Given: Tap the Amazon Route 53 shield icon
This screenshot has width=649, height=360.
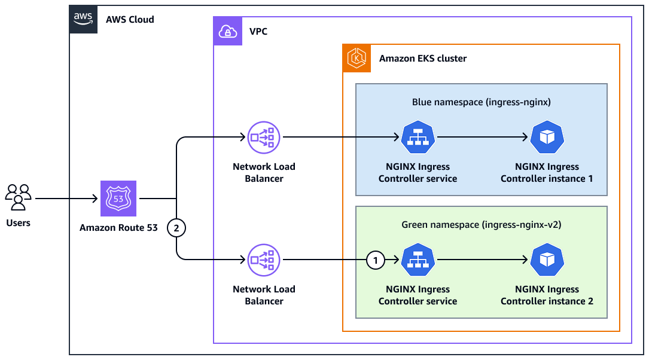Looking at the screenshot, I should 118,199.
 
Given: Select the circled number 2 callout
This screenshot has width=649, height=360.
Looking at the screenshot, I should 176,228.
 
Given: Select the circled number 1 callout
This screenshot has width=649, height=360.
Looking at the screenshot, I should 375,260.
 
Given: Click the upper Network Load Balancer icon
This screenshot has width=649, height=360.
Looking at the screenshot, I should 264,138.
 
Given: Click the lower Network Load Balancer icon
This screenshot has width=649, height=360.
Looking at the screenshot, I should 264,260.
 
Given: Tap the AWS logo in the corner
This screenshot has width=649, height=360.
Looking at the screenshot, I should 83,19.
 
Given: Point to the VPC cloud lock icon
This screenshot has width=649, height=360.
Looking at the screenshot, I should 228,31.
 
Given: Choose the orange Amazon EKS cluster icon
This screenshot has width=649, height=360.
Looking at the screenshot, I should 357,59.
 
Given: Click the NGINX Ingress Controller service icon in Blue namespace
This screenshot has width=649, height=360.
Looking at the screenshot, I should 418,138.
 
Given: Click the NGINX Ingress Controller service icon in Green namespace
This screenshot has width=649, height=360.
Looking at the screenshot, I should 418,260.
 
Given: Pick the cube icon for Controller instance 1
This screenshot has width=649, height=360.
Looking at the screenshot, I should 547,138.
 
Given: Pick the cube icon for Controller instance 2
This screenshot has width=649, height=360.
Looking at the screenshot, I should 547,260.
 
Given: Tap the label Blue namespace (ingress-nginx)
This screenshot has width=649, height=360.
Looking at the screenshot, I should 481,102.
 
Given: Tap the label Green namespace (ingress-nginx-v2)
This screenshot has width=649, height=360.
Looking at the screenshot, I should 481,225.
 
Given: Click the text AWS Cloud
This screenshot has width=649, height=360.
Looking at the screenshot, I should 130,19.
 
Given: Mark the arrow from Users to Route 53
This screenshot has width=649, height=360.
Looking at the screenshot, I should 66,199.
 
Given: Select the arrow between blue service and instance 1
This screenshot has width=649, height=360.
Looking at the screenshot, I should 482,138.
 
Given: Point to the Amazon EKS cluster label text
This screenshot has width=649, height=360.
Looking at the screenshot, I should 423,59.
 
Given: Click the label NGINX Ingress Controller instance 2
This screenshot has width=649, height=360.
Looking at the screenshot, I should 547,295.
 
